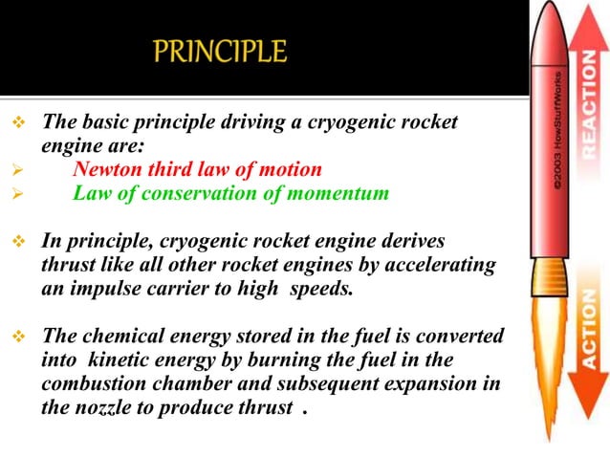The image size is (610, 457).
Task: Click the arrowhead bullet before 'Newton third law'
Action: pos(15,169)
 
